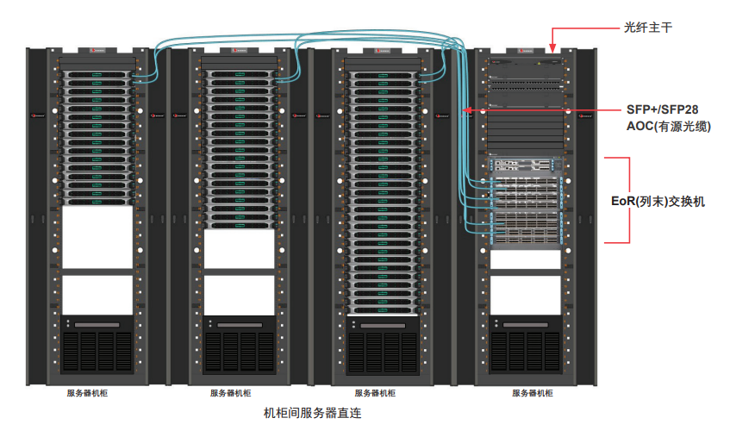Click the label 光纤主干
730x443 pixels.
[647, 28]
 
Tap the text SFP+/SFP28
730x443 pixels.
[662, 110]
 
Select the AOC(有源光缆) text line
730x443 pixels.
[668, 127]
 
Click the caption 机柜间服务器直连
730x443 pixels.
[312, 414]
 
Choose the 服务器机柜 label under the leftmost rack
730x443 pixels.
[88, 394]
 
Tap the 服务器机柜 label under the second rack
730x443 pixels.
[231, 394]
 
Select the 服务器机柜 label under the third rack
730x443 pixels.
[375, 394]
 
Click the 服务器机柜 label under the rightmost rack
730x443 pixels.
[533, 394]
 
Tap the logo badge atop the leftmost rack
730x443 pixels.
[96, 52]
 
